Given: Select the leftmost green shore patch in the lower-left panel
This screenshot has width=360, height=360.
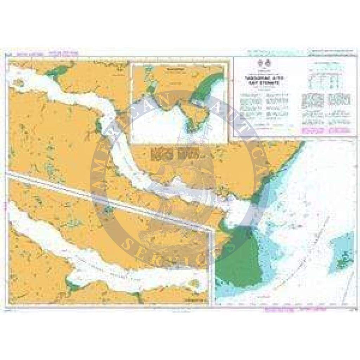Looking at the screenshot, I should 71,284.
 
